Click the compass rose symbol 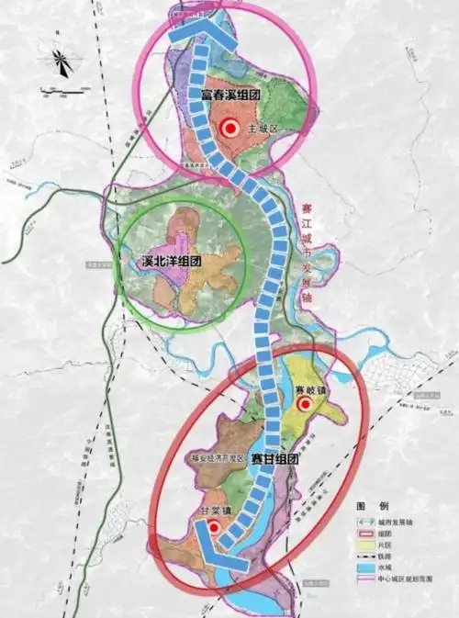click(62, 62)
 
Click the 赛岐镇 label click(310, 390)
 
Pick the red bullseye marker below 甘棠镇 click(213, 527)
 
